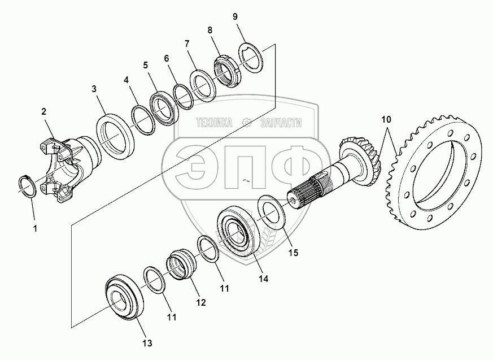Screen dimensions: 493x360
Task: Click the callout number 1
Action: [x=35, y=229]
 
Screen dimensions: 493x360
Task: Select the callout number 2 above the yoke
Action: [x=43, y=111]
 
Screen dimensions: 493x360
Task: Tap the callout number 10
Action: [x=386, y=120]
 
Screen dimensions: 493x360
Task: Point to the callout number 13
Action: [x=147, y=343]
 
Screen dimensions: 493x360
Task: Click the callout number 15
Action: [x=293, y=253]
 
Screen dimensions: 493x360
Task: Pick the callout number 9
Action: [x=235, y=17]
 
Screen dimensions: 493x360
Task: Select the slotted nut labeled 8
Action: [x=226, y=71]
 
